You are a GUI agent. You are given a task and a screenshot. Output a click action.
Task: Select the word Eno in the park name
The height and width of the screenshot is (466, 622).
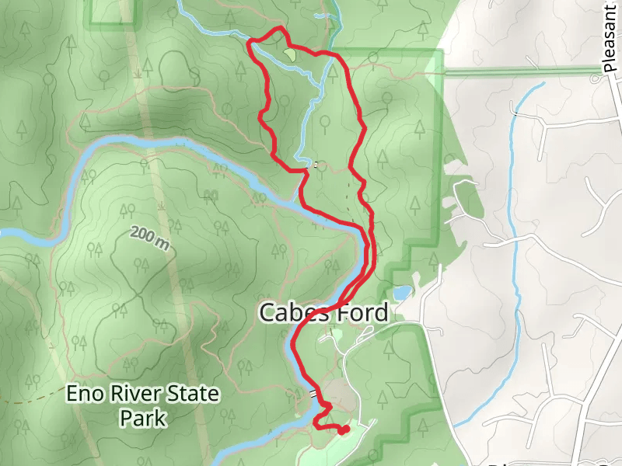pyautogui.click(x=83, y=394)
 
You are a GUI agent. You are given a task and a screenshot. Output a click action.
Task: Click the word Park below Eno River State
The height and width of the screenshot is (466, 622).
pyautogui.click(x=143, y=419)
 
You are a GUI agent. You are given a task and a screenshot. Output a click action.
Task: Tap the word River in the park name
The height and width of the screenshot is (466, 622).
pyautogui.click(x=136, y=394)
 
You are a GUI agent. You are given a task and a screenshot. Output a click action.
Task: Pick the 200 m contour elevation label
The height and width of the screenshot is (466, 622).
pyautogui.click(x=149, y=238)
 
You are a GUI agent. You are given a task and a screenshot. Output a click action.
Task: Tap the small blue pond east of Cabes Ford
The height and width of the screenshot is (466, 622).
pyautogui.click(x=402, y=294)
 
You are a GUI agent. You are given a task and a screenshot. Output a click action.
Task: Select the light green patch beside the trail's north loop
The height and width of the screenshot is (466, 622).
pyautogui.click(x=289, y=54)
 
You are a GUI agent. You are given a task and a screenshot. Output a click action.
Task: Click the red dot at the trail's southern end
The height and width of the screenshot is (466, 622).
pyautogui.click(x=344, y=429)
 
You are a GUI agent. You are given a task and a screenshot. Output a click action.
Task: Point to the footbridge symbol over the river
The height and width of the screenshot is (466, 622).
pyautogui.click(x=313, y=393)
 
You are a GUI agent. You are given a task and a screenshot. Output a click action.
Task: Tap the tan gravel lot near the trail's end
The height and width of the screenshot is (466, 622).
pyautogui.click(x=341, y=396)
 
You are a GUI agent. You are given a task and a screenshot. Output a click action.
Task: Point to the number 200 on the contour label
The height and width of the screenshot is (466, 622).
pyautogui.click(x=142, y=235)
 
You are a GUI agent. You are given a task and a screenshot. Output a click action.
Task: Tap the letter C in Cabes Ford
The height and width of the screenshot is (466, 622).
pyautogui.click(x=267, y=313)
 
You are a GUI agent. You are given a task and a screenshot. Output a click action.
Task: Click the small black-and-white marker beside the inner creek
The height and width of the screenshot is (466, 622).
pyautogui.click(x=316, y=165)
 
